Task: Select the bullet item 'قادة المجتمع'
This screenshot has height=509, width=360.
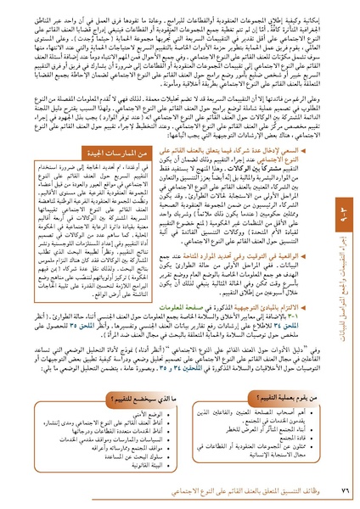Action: pyautogui.click(x=279, y=440)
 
